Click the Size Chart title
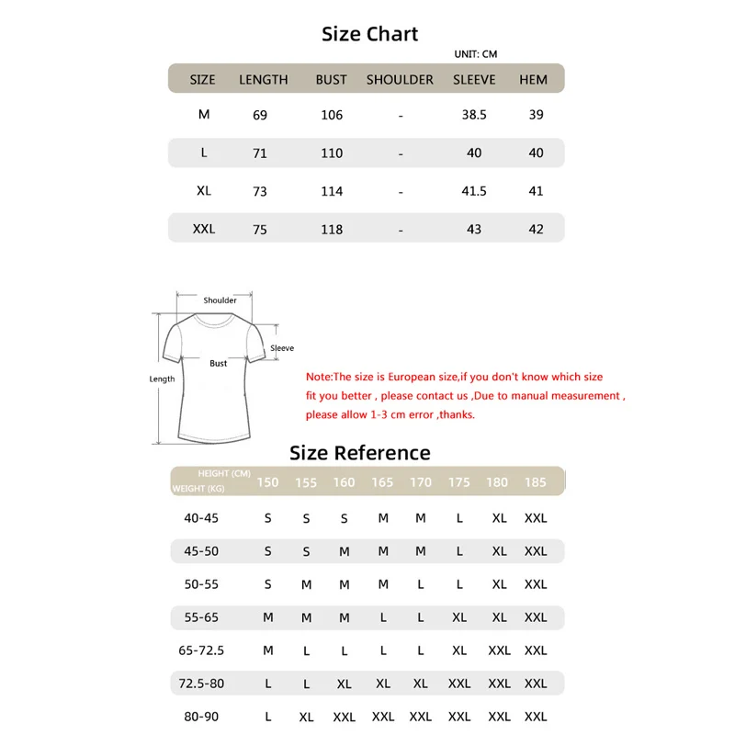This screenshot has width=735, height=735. click(369, 34)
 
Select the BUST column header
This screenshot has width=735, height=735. click(331, 80)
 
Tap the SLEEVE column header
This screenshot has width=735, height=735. click(474, 80)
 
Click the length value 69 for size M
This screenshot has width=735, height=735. click(260, 115)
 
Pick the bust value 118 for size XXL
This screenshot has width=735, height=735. click(331, 229)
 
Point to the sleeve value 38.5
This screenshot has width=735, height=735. click(474, 115)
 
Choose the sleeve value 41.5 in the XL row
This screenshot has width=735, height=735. click(474, 191)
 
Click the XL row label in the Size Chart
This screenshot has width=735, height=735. click(204, 190)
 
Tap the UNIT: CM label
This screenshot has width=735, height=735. click(476, 54)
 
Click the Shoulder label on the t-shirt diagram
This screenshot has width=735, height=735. click(220, 300)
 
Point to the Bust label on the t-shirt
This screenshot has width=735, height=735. click(218, 363)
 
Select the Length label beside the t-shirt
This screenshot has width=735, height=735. click(162, 379)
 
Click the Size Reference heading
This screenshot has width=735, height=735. click(359, 452)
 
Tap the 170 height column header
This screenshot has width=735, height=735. click(421, 482)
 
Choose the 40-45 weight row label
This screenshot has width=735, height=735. click(201, 518)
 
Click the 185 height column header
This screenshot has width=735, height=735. click(535, 482)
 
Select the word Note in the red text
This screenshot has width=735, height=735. click(317, 377)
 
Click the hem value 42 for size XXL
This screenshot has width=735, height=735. click(537, 229)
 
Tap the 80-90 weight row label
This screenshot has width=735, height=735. click(201, 716)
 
